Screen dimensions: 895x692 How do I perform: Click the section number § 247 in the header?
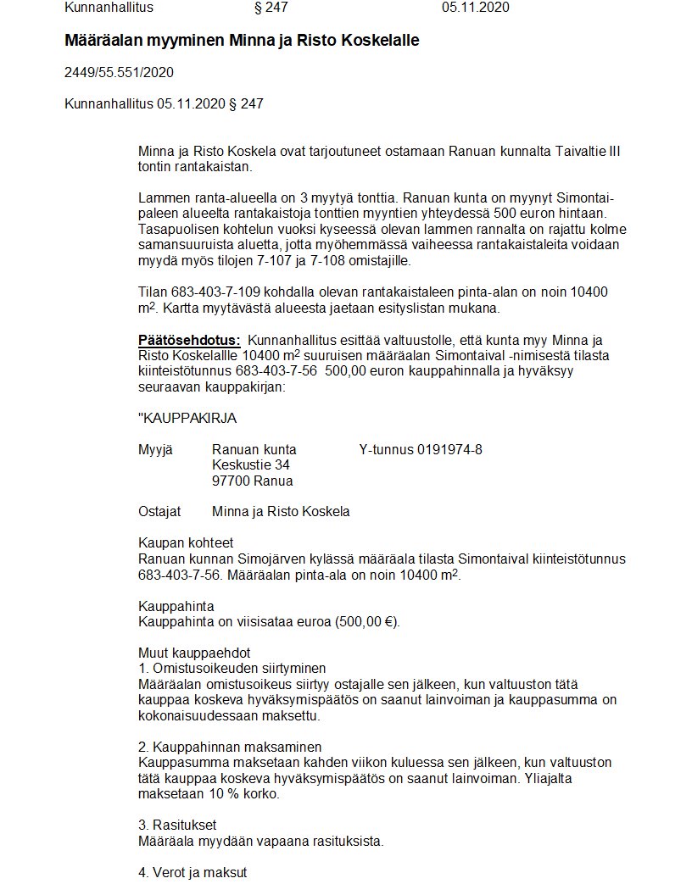click(271, 8)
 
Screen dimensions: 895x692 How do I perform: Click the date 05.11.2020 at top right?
click(475, 8)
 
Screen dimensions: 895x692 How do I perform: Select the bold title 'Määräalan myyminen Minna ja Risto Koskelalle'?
click(242, 41)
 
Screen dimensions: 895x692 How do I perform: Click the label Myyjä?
click(155, 449)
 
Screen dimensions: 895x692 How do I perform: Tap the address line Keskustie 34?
click(250, 465)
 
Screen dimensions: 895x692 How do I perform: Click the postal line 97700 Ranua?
click(252, 481)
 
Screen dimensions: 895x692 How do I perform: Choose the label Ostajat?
click(159, 512)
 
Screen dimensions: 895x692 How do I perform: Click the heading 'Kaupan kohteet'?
click(185, 543)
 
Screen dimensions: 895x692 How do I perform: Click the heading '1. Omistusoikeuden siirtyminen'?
click(232, 669)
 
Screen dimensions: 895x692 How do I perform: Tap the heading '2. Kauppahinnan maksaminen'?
click(230, 748)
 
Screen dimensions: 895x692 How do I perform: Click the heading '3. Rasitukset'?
click(177, 826)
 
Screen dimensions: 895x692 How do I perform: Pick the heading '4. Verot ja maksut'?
click(193, 872)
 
